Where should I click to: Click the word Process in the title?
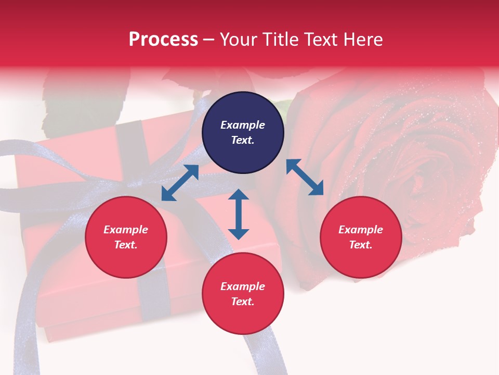163,40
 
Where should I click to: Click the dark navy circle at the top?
243,133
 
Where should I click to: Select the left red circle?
126,238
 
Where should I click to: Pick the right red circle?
361,238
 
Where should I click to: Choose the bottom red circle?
243,294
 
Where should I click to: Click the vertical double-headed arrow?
239,214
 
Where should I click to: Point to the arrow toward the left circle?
180,183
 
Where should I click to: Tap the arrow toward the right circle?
305,177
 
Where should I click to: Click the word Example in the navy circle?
243,125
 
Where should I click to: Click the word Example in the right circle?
361,230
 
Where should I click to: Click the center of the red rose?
416,172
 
